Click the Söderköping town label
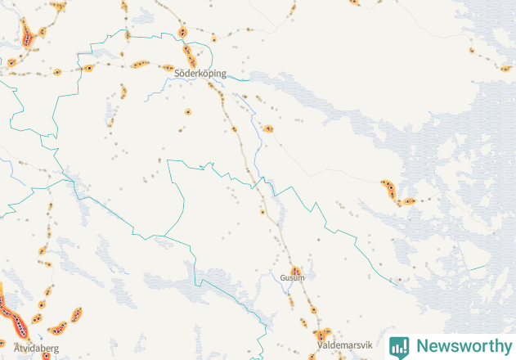point(200,74)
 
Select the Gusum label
point(292,277)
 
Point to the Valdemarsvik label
point(343,346)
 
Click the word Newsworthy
point(463,346)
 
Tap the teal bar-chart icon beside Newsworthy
point(399,347)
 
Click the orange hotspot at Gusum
point(296,270)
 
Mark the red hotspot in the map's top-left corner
point(28,36)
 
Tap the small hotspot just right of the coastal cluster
point(408,200)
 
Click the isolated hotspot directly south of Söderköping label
point(188,110)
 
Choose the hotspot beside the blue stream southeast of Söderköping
point(268,128)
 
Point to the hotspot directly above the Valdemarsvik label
point(320,335)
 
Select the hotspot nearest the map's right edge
point(505,69)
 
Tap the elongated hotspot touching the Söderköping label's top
point(191,55)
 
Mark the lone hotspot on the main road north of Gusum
point(262,212)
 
